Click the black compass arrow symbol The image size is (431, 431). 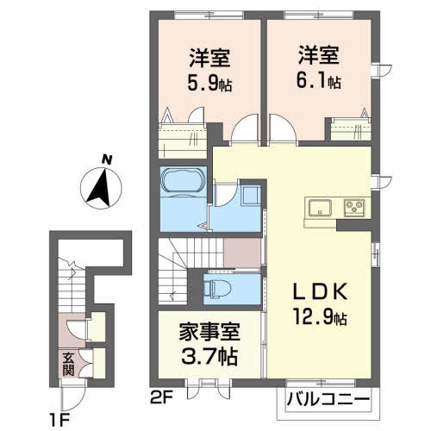[102, 185]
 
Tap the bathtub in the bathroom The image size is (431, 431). [181, 183]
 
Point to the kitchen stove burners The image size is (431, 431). [353, 207]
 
